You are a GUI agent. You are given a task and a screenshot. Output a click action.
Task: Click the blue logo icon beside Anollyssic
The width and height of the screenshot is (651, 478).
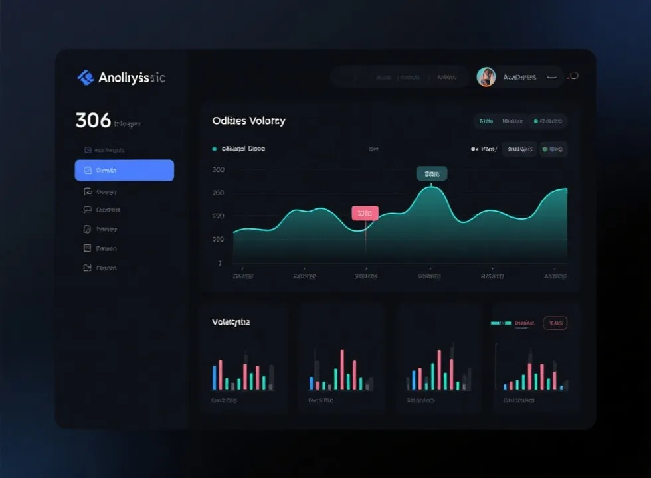click(86, 78)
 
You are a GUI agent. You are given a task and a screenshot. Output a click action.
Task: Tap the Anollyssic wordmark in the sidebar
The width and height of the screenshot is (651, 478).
click(132, 78)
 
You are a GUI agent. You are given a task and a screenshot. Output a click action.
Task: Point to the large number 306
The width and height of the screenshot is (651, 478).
click(93, 121)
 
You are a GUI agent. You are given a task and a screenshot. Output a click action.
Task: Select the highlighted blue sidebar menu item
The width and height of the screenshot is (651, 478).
click(124, 170)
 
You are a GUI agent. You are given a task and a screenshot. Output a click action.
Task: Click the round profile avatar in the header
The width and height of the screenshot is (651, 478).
click(486, 77)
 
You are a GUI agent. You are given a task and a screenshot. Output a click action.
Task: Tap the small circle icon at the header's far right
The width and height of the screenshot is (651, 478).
click(574, 76)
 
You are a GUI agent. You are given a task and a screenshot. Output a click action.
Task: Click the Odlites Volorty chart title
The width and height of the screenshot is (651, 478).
click(248, 121)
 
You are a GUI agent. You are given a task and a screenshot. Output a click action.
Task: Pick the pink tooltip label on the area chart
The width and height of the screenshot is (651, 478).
click(365, 213)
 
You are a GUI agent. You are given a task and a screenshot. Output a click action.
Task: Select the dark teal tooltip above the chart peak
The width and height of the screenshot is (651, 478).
click(431, 173)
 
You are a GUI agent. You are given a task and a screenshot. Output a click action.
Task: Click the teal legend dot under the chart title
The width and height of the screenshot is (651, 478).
click(214, 149)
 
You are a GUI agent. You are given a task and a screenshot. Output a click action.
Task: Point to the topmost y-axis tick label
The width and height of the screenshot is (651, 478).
click(219, 169)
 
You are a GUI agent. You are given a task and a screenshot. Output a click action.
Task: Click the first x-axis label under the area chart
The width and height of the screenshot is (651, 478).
click(243, 276)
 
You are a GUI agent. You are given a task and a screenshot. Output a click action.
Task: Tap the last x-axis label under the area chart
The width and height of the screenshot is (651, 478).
click(555, 276)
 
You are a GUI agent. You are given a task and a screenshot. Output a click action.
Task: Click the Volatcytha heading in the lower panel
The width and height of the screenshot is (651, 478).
click(231, 322)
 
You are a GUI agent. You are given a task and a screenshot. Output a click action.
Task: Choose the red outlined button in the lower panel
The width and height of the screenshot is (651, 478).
click(555, 323)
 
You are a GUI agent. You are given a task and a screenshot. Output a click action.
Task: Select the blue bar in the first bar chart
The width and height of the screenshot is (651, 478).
click(215, 377)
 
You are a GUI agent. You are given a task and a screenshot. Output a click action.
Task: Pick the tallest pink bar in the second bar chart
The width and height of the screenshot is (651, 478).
click(342, 369)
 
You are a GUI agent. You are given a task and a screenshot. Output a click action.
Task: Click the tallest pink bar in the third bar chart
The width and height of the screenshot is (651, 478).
click(439, 369)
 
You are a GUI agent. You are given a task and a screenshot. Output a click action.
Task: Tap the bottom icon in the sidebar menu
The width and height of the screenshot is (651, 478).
click(87, 268)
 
